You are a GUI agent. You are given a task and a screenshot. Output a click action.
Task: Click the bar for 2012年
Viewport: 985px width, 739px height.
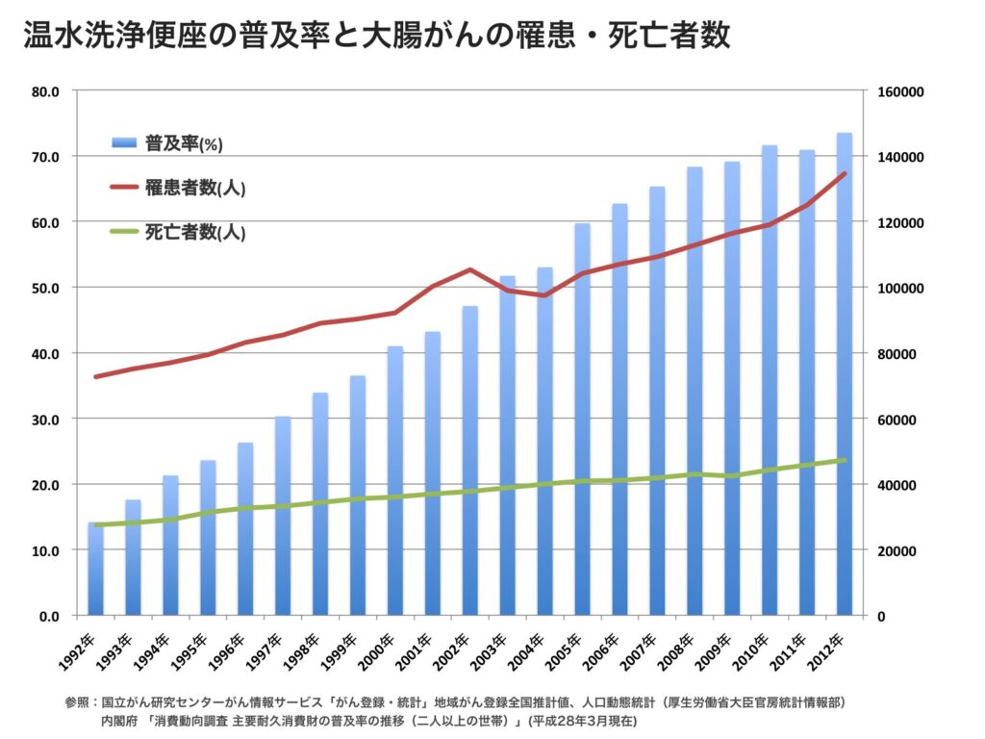coord(844,375)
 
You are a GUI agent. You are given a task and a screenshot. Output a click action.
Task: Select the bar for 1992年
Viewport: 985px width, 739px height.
coord(95,569)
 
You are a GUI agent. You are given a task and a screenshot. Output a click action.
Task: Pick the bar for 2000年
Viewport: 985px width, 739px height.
coord(394,481)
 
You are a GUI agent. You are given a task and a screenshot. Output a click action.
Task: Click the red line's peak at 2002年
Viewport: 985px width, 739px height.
coord(469,269)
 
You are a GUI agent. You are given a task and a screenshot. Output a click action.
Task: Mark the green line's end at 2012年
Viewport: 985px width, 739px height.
coord(844,460)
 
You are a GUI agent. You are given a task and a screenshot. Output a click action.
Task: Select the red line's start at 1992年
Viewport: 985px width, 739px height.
coord(95,376)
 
